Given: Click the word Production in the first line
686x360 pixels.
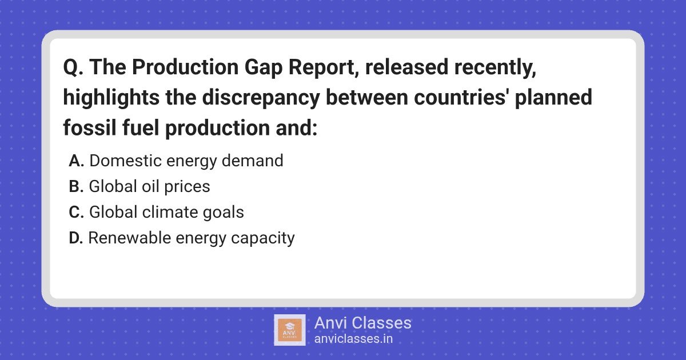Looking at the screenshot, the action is pos(185,67).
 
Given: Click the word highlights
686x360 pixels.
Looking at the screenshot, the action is pos(111,98).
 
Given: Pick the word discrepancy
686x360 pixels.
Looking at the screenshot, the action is pos(261,98).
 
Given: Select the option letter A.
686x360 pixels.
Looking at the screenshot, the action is pos(77,161).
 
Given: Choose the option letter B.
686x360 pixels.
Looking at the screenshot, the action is pos(76,186).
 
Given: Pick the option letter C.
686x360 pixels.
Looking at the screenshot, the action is pos(77,212).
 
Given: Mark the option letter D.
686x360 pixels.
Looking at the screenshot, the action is pos(76,238).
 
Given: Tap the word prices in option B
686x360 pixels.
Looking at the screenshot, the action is pos(187,187).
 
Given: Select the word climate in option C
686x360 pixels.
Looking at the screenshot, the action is pos(170,212).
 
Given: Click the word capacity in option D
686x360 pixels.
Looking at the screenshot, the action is pos(263,238).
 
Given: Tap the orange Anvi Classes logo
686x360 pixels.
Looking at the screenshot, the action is pos(290,330).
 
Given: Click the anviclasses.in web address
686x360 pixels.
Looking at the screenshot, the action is pos(353,339).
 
